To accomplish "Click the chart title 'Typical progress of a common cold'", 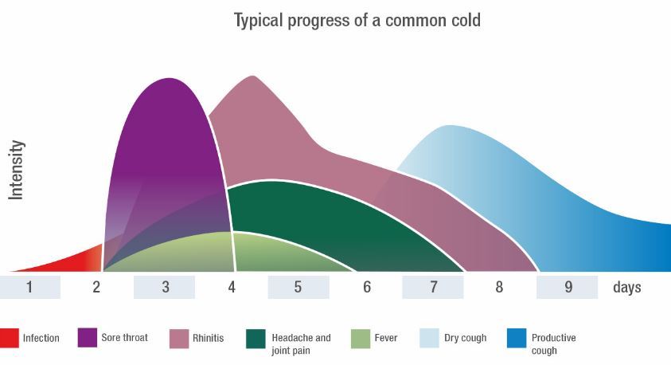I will [x=357, y=20].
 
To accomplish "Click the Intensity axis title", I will [x=17, y=169].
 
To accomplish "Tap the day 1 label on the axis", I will [x=29, y=287].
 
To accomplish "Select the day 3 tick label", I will [x=165, y=287].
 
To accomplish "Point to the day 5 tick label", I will [x=298, y=287].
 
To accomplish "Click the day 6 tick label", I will [x=367, y=287].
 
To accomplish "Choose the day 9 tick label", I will [x=568, y=287].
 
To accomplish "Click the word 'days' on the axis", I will [x=626, y=287].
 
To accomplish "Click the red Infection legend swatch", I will [x=9, y=338].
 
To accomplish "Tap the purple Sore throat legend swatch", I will [x=87, y=338].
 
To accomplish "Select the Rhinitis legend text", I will [x=208, y=338].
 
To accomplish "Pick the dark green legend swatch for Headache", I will [x=256, y=338].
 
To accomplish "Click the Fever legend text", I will [x=386, y=338].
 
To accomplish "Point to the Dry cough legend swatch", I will [x=429, y=338].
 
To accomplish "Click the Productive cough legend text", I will [x=553, y=343].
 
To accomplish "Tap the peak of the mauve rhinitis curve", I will [x=252, y=77].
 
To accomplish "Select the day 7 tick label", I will [x=433, y=287].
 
